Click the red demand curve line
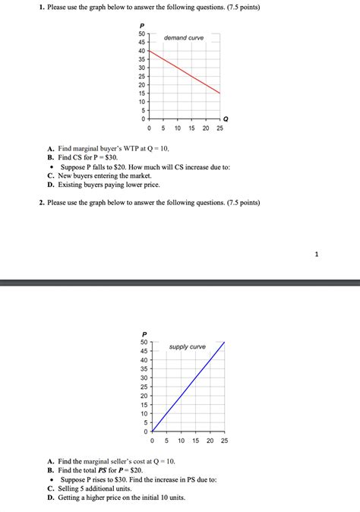tap(185, 72)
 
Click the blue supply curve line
tap(188, 387)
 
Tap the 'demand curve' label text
tap(184, 38)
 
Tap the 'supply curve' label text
tap(188, 346)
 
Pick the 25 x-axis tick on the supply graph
tap(223, 441)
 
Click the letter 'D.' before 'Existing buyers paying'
tap(50, 185)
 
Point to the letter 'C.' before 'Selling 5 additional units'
tap(50, 488)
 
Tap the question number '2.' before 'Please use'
tap(43, 203)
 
